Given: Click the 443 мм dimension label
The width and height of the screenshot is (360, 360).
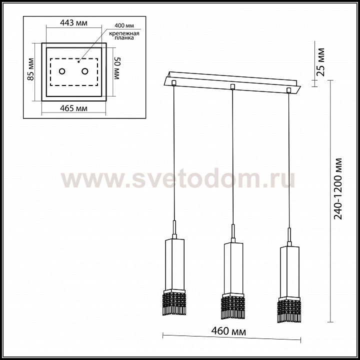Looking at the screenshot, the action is [73, 23].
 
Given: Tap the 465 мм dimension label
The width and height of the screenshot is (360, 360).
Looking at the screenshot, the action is [73, 108].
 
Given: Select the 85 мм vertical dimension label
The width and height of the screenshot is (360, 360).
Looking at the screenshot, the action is [30, 69].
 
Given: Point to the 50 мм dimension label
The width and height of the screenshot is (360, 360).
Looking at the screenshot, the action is [117, 68].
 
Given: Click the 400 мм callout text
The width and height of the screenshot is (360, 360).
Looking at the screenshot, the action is [124, 25].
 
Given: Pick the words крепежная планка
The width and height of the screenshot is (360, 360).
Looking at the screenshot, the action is [124, 35].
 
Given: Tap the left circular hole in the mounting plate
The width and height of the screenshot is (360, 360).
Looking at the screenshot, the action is [62, 71].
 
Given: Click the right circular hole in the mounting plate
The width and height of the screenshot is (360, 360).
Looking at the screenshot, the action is [85, 71].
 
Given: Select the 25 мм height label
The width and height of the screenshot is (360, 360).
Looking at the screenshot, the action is [320, 62].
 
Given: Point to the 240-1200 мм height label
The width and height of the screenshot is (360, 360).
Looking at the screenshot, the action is [337, 188].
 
